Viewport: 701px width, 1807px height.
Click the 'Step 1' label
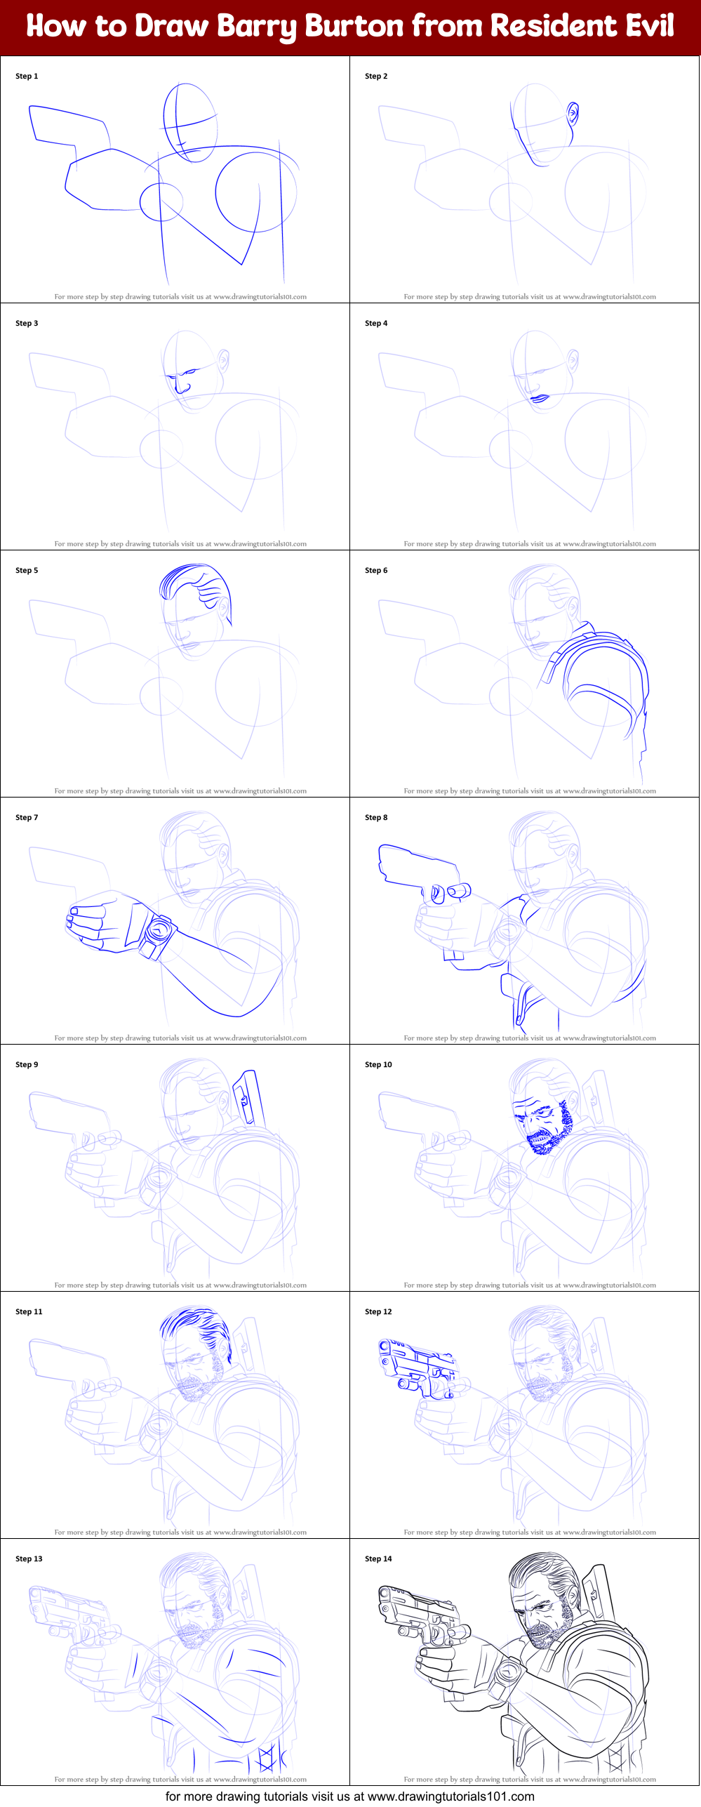pyautogui.click(x=27, y=76)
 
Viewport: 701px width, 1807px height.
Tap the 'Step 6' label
pyautogui.click(x=376, y=570)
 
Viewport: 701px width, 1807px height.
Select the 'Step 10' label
pyautogui.click(x=378, y=1064)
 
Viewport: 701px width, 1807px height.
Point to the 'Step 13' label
pyautogui.click(x=29, y=1558)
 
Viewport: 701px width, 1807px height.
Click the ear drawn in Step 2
pyautogui.click(x=573, y=113)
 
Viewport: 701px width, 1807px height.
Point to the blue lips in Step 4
pyautogui.click(x=540, y=398)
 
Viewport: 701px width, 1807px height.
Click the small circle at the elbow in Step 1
pyautogui.click(x=161, y=201)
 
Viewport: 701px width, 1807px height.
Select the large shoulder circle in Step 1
pyautogui.click(x=255, y=192)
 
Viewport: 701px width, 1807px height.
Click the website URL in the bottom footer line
pyautogui.click(x=450, y=1796)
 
